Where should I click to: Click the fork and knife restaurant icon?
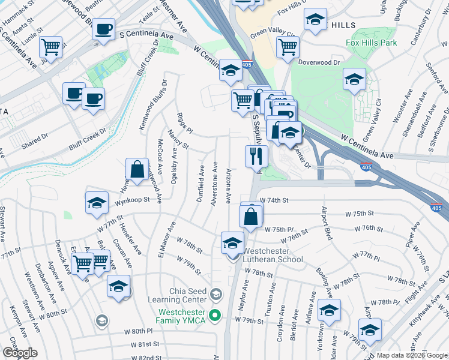tap(256, 157)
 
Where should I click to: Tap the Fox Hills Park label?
tap(371, 43)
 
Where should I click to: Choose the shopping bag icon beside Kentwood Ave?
tap(137, 170)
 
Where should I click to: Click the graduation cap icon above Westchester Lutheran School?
tap(233, 243)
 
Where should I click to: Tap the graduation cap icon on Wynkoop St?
tap(97, 204)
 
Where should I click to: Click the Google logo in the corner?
tap(20, 353)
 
